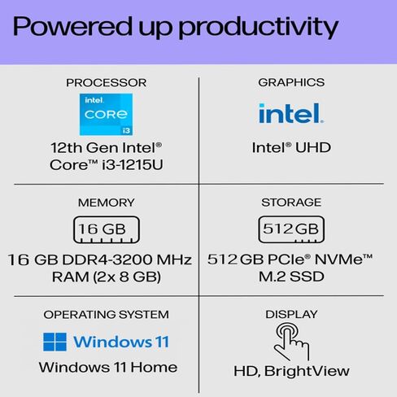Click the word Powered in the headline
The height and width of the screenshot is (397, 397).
(x=72, y=26)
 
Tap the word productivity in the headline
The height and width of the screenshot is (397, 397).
(x=258, y=28)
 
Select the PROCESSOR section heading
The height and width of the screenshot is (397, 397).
(x=107, y=83)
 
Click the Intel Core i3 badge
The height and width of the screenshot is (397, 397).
(x=106, y=115)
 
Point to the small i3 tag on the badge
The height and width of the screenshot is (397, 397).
(x=126, y=130)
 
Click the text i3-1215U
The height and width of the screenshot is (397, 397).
(x=133, y=164)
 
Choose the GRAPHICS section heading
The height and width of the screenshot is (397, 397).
(x=291, y=82)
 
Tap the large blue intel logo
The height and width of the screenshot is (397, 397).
(x=291, y=113)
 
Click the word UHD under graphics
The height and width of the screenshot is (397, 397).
(x=313, y=148)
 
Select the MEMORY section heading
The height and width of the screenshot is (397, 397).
(x=107, y=203)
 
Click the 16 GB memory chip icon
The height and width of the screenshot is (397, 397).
(x=107, y=229)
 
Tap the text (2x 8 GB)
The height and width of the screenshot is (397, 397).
(x=127, y=277)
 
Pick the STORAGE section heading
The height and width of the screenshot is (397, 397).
(x=291, y=203)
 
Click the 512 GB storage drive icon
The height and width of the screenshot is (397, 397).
(x=291, y=229)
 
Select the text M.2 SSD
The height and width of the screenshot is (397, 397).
(x=291, y=277)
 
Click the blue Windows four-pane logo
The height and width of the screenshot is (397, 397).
(x=55, y=342)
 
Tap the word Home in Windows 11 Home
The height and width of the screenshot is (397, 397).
(x=154, y=368)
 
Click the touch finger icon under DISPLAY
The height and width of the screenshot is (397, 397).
(x=292, y=342)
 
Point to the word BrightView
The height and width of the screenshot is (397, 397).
(x=307, y=371)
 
